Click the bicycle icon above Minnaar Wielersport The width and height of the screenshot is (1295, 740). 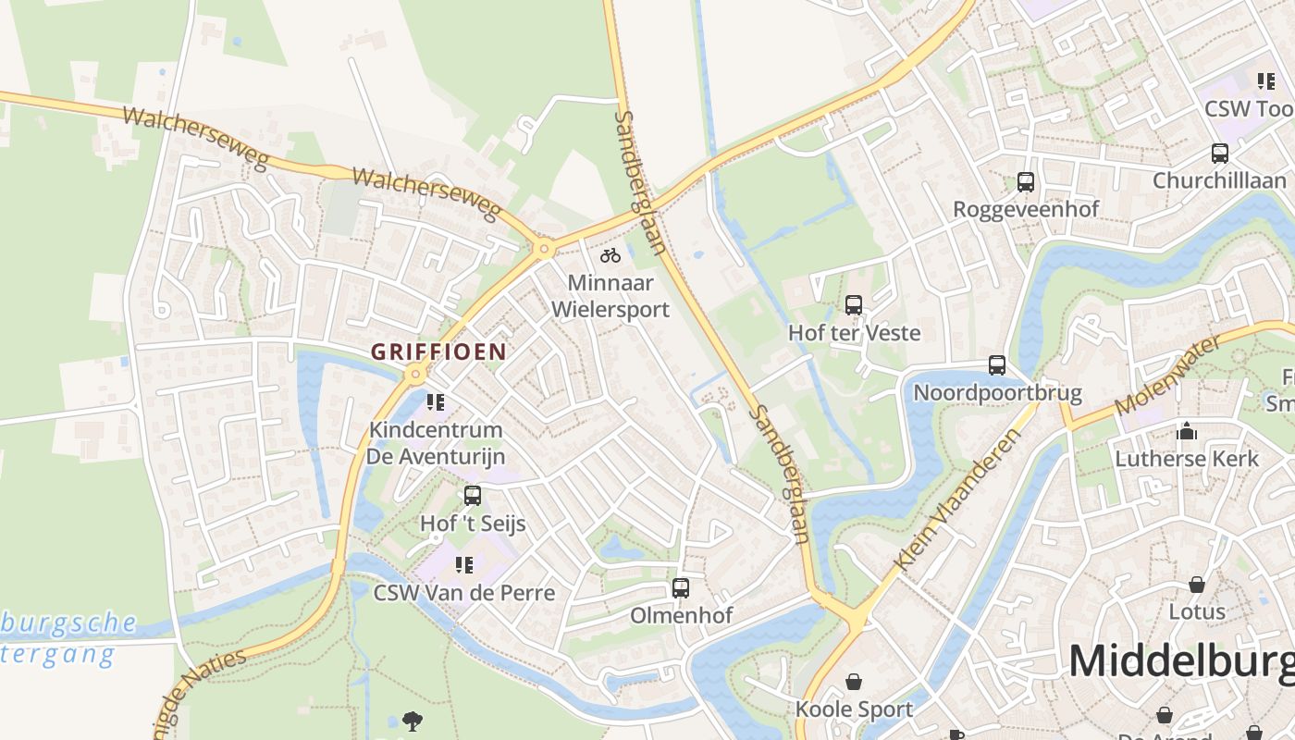tap(610, 255)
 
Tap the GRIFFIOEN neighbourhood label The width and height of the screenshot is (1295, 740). tap(438, 351)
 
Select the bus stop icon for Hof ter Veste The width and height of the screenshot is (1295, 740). tap(854, 304)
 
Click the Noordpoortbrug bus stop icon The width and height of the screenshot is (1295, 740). tap(996, 365)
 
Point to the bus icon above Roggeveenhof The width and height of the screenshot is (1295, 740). tap(1026, 181)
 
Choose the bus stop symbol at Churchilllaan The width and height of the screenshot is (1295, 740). tap(1220, 153)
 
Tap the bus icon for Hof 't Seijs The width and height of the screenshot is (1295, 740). tap(473, 495)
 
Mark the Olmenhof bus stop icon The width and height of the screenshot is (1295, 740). tap(681, 587)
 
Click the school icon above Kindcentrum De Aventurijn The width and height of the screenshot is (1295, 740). tap(436, 401)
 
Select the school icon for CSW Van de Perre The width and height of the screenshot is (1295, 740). tap(464, 564)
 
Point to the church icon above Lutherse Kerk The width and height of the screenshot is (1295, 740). tap(1187, 430)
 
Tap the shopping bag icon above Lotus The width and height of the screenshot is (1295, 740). tap(1197, 584)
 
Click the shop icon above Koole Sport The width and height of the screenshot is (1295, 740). tap(854, 682)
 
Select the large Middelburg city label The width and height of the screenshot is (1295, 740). tap(1180, 661)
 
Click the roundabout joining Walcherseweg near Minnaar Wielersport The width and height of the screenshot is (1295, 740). tap(543, 248)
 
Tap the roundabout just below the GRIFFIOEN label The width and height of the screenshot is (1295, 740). tap(415, 374)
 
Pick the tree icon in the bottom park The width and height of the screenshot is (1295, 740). tap(413, 720)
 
